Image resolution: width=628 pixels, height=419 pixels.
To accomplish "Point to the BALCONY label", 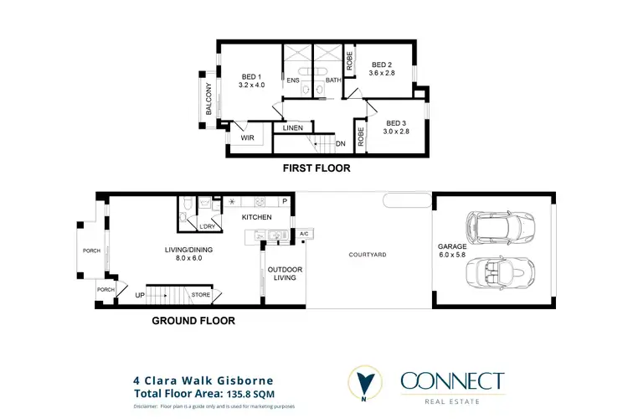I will (x=209, y=98).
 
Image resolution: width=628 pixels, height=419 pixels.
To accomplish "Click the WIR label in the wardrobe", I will (x=247, y=137).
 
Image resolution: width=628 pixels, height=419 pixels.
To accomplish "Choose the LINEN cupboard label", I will (x=292, y=128).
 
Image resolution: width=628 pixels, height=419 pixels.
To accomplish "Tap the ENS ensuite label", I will (x=293, y=80).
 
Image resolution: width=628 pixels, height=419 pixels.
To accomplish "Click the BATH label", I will (x=332, y=80).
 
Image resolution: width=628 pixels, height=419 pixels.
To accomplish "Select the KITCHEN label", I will (x=257, y=217).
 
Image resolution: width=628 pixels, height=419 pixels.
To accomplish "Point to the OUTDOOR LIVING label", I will (x=285, y=273).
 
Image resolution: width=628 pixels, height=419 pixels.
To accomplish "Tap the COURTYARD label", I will (x=368, y=254).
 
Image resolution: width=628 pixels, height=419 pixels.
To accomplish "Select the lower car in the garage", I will (x=500, y=273).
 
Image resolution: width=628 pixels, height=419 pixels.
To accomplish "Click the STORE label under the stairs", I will (x=200, y=295).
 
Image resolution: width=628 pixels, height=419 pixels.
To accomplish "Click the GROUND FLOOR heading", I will (x=193, y=320).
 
